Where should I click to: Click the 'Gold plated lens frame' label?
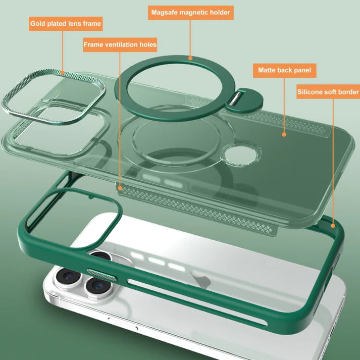66,23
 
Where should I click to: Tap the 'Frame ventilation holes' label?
120,44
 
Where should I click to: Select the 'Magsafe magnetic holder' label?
191,12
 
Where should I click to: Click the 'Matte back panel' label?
284,70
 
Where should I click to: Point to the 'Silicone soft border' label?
328,92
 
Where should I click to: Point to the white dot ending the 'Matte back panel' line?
284,134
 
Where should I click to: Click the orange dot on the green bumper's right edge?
333,226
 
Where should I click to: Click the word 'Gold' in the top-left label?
39,23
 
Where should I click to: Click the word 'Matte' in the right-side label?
268,70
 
